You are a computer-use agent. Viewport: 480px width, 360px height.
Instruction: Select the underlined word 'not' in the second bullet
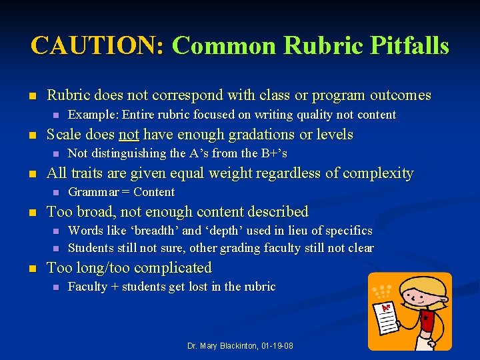pyautogui.click(x=129, y=135)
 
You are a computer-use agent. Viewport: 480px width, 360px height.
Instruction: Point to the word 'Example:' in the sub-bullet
pyautogui.click(x=93, y=115)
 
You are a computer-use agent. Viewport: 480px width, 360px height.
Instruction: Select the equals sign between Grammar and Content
pyautogui.click(x=126, y=193)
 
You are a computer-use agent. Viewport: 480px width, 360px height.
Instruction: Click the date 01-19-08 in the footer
pyautogui.click(x=275, y=346)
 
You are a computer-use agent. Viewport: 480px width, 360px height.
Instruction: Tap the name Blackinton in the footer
pyautogui.click(x=233, y=346)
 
